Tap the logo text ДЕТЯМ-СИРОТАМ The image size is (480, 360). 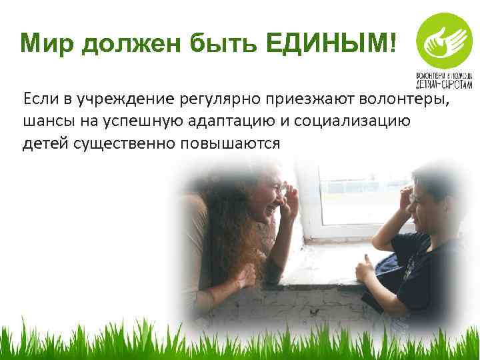(444, 85)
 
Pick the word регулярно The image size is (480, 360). (224, 100)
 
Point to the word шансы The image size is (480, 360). (45, 122)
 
